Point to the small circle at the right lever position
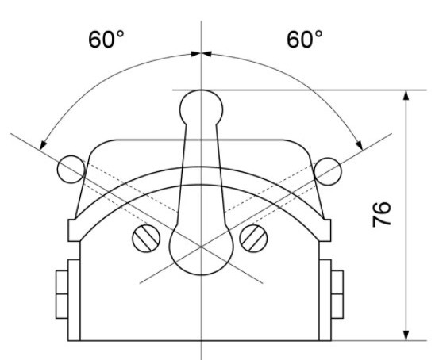[328, 167]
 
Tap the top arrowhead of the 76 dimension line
[406, 95]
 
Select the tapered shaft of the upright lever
[200, 174]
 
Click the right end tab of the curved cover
[324, 229]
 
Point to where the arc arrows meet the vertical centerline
[201, 53]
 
